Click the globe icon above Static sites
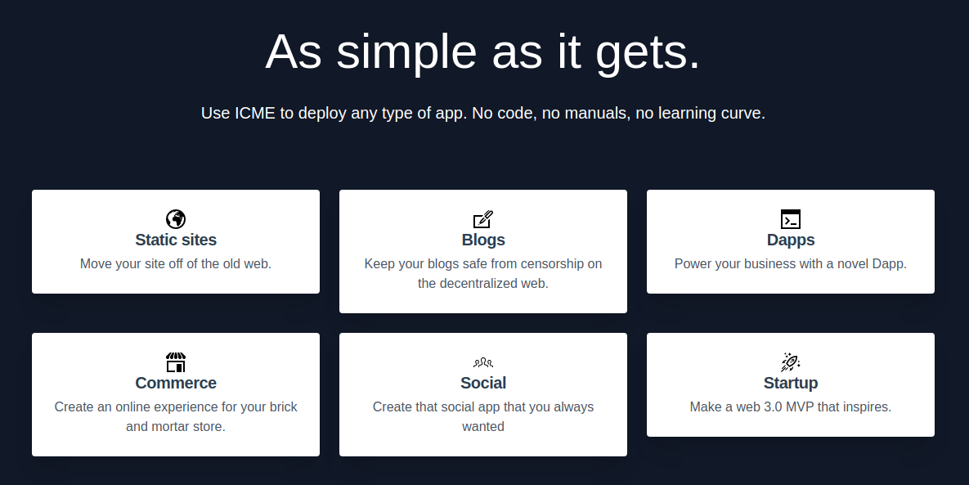click(176, 218)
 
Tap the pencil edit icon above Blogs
click(483, 219)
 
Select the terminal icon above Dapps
click(791, 219)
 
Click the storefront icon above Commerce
click(176, 362)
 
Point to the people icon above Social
click(483, 362)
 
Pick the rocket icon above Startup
click(791, 362)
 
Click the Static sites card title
click(176, 240)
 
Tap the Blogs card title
click(483, 240)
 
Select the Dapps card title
click(791, 240)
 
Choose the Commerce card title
click(176, 383)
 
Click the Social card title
click(483, 383)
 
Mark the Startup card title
click(791, 383)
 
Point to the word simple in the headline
click(406, 52)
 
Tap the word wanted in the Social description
click(483, 427)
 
